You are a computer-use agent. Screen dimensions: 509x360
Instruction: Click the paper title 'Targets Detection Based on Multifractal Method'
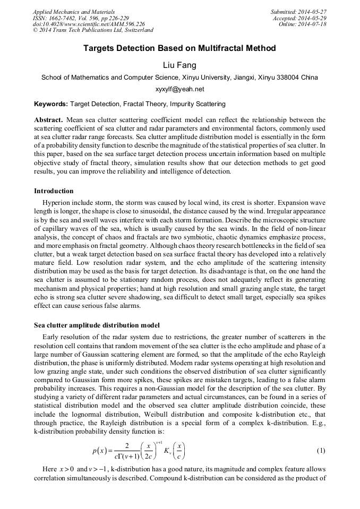179,48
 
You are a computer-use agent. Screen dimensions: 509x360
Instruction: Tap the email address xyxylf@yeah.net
179,89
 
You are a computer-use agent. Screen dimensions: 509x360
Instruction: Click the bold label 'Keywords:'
51,104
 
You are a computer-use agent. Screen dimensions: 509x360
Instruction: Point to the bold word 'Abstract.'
49,120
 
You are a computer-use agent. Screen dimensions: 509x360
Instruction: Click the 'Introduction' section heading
54,191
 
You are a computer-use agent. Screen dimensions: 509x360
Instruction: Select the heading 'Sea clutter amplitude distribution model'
97,325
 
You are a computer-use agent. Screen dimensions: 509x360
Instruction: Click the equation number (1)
321,451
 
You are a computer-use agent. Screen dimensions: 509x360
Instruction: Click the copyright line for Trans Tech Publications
93,30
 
